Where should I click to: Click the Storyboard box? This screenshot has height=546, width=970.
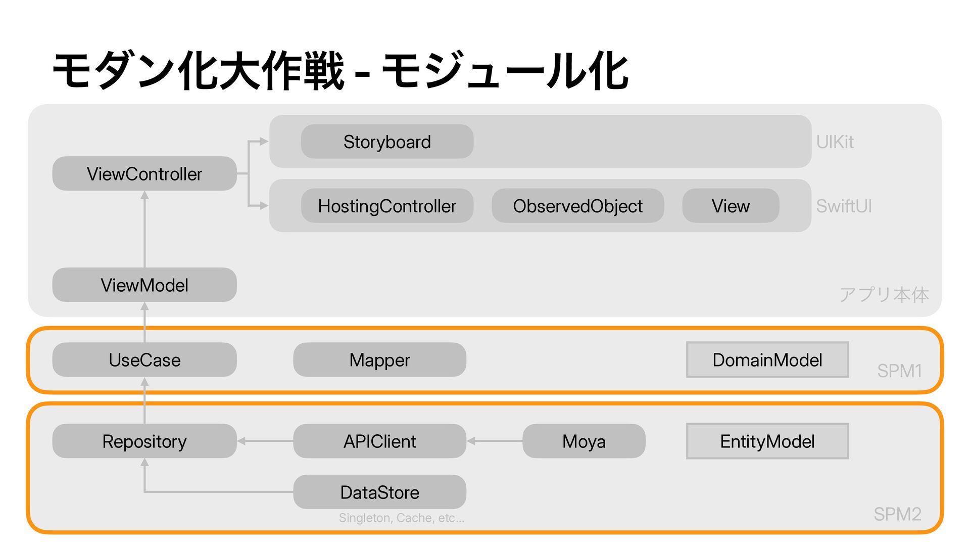coord(387,142)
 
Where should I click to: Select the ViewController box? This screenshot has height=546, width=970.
coord(144,173)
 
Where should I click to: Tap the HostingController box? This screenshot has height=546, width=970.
coord(387,206)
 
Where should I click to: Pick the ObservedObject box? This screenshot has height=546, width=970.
coord(577,206)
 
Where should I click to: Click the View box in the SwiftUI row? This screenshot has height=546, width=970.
coord(731,206)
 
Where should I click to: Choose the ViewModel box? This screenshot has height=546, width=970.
coord(144,285)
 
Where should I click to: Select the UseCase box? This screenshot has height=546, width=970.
coord(144,359)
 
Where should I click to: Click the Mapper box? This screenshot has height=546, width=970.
coord(379,359)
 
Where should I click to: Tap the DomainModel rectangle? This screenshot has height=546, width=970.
coord(767,359)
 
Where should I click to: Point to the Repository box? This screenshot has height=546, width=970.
coord(144,441)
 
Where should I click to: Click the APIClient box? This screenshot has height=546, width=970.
coord(379,441)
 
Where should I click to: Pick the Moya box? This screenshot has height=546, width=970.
coord(584,441)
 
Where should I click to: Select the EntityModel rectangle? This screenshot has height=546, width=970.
coord(767,441)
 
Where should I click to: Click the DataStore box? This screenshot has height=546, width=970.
coord(379,492)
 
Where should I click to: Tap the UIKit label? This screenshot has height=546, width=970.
coord(835,142)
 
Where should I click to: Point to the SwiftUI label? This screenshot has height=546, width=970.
coord(844,206)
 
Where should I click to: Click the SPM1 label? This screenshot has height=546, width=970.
coord(899,371)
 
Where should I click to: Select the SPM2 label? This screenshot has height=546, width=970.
coord(898,514)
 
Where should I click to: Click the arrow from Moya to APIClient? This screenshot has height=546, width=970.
coord(495,441)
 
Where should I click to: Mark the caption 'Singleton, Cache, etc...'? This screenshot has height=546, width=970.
coord(402,518)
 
